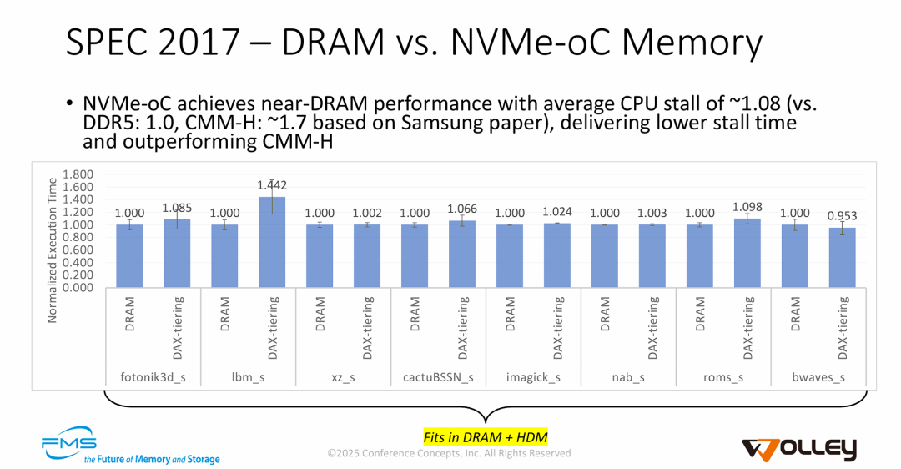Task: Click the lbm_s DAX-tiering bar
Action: click(273, 242)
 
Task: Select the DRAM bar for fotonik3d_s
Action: click(130, 255)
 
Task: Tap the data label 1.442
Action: click(273, 184)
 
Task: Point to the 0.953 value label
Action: click(843, 216)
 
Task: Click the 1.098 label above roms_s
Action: click(747, 206)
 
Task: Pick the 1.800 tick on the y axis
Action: click(79, 174)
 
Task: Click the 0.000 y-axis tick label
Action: click(79, 287)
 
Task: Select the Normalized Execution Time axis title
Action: click(52, 250)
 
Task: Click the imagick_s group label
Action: click(534, 377)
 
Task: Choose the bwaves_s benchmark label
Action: click(818, 377)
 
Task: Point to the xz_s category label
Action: click(344, 377)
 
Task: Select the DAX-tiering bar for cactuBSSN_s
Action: click(463, 254)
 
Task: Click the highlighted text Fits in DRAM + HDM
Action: click(485, 436)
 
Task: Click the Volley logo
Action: click(799, 448)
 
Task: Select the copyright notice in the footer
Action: click(449, 453)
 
